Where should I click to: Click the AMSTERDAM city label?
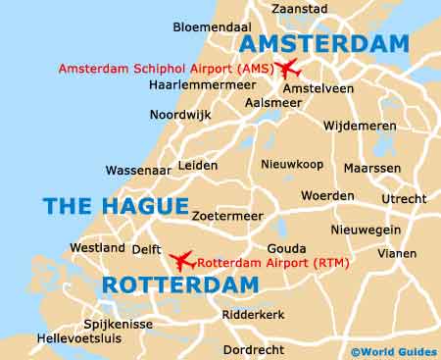pyautogui.click(x=323, y=44)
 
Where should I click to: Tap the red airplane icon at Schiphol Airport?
pyautogui.click(x=287, y=69)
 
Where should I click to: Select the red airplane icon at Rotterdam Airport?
pyautogui.click(x=181, y=261)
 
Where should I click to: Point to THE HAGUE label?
pyautogui.click(x=115, y=206)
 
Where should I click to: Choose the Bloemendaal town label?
pyautogui.click(x=212, y=27)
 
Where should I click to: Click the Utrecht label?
pyautogui.click(x=404, y=199)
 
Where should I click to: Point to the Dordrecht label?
pyautogui.click(x=254, y=349)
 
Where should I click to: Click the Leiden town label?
pyautogui.click(x=198, y=166)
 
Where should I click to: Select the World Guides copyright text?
pyautogui.click(x=392, y=350)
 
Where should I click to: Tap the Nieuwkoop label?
pyautogui.click(x=291, y=165)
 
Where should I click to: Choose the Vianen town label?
pyautogui.click(x=397, y=252)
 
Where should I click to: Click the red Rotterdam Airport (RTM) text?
pyautogui.click(x=273, y=262)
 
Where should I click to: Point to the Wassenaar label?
pyautogui.click(x=138, y=170)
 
